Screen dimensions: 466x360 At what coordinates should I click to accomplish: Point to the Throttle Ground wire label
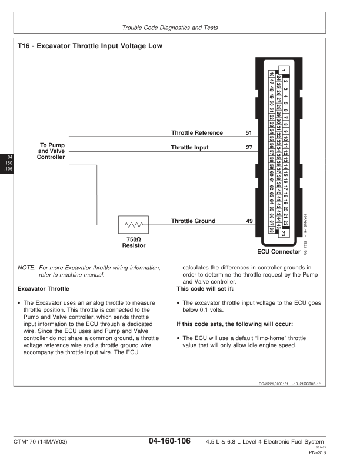193,221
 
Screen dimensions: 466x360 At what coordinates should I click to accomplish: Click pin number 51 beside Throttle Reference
249,133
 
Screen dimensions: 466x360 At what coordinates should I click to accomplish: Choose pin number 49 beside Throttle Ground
249,221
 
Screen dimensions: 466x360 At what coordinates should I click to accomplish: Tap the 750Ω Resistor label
134,242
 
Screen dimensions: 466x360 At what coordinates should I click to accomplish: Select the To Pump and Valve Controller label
52,151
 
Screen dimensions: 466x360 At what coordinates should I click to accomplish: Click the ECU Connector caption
278,252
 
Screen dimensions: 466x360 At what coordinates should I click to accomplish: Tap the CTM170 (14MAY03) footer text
42,442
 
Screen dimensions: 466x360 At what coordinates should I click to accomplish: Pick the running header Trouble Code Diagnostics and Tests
179,28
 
